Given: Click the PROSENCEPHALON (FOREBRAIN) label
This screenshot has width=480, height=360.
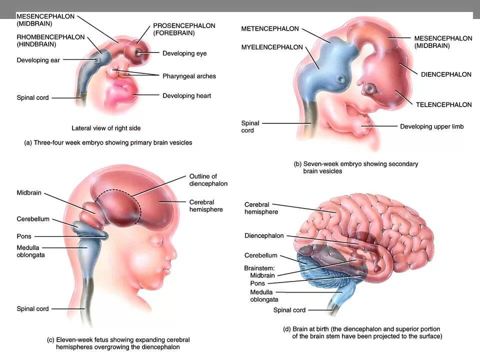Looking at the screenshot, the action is click(184, 29).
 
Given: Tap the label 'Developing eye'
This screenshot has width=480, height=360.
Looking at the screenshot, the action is click(184, 53).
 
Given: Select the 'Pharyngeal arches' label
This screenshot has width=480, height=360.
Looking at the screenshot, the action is click(189, 76).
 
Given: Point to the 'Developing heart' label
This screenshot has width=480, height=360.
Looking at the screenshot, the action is click(186, 95).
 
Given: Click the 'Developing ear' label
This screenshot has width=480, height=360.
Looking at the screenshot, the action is click(38, 60).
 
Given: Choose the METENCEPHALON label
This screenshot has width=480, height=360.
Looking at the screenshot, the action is click(269, 28).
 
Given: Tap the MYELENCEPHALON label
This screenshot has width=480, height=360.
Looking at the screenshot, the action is click(272, 47).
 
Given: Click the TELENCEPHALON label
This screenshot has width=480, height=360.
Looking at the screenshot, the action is click(443, 104).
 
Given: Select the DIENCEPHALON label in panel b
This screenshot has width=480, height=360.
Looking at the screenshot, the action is click(446, 74).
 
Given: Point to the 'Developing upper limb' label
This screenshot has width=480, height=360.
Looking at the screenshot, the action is click(431, 126).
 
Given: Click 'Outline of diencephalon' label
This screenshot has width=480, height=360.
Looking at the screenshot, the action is click(208, 180).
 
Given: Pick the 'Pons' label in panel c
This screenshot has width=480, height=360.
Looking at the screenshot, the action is click(24, 236).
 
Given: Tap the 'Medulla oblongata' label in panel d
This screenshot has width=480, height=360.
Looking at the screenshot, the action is click(263, 295).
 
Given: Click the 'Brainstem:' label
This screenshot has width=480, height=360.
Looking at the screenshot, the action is click(259, 267).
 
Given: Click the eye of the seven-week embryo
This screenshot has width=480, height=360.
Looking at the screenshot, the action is click(370, 89).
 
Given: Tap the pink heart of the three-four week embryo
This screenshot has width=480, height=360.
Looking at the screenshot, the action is click(120, 94).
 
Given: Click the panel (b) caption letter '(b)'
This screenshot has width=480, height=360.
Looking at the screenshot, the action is click(297, 164).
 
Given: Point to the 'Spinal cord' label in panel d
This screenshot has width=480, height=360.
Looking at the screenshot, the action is click(289, 310).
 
